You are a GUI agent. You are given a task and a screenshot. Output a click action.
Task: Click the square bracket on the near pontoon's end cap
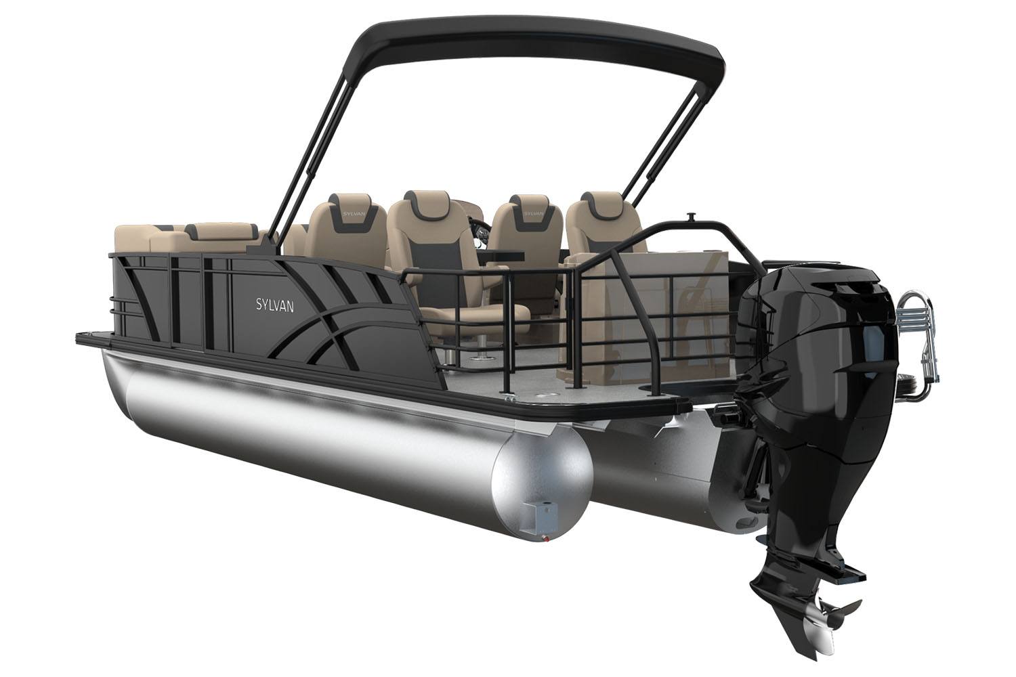(x=541, y=517)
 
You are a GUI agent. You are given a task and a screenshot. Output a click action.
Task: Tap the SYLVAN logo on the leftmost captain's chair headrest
(x=352, y=213)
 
